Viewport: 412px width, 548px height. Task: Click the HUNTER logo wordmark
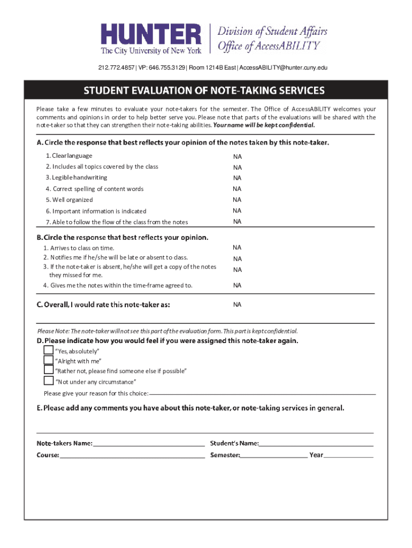click(152, 35)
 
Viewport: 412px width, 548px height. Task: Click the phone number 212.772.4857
click(116, 67)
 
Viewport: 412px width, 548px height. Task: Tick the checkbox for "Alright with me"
click(48, 360)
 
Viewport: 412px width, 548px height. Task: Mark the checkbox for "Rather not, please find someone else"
click(48, 370)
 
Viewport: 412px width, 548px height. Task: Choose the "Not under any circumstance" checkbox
click(48, 381)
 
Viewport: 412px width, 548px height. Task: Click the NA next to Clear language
click(237, 157)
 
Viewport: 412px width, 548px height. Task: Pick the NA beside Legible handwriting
click(237, 178)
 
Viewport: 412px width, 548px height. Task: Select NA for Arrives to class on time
click(237, 248)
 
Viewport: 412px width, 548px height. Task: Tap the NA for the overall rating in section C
click(237, 305)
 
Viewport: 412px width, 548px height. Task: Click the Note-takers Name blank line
click(148, 445)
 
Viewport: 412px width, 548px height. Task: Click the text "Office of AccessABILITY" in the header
click(269, 45)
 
